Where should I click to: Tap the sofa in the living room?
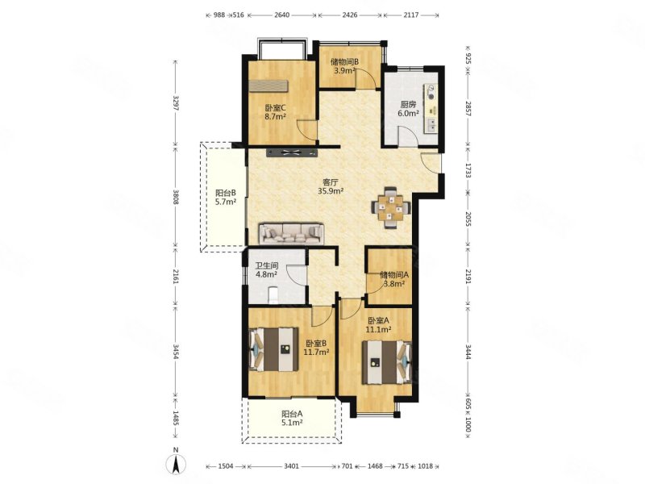[292, 234]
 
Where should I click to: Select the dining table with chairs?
[391, 207]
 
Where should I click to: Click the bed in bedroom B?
[274, 349]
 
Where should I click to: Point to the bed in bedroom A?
[387, 362]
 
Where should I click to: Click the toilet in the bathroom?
[273, 295]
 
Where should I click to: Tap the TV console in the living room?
[293, 153]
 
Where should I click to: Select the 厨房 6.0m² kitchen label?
[408, 109]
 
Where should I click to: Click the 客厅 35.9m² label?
[331, 186]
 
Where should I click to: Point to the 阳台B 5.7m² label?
[226, 197]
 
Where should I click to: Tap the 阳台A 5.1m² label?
[292, 418]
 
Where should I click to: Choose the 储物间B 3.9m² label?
[345, 66]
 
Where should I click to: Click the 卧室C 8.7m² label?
[275, 112]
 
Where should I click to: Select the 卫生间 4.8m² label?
[266, 269]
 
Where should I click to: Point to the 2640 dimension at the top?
[281, 15]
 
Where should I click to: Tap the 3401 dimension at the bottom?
[291, 466]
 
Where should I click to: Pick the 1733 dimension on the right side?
[468, 170]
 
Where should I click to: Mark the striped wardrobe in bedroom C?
[268, 86]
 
